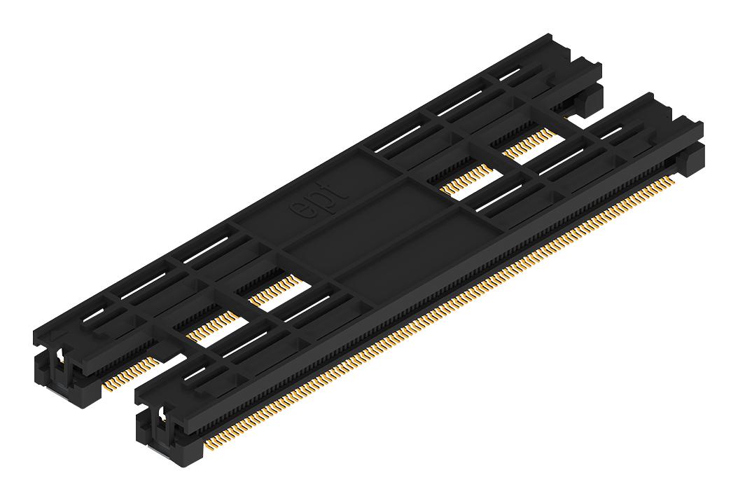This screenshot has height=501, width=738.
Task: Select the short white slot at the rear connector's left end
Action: pos(98,319)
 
